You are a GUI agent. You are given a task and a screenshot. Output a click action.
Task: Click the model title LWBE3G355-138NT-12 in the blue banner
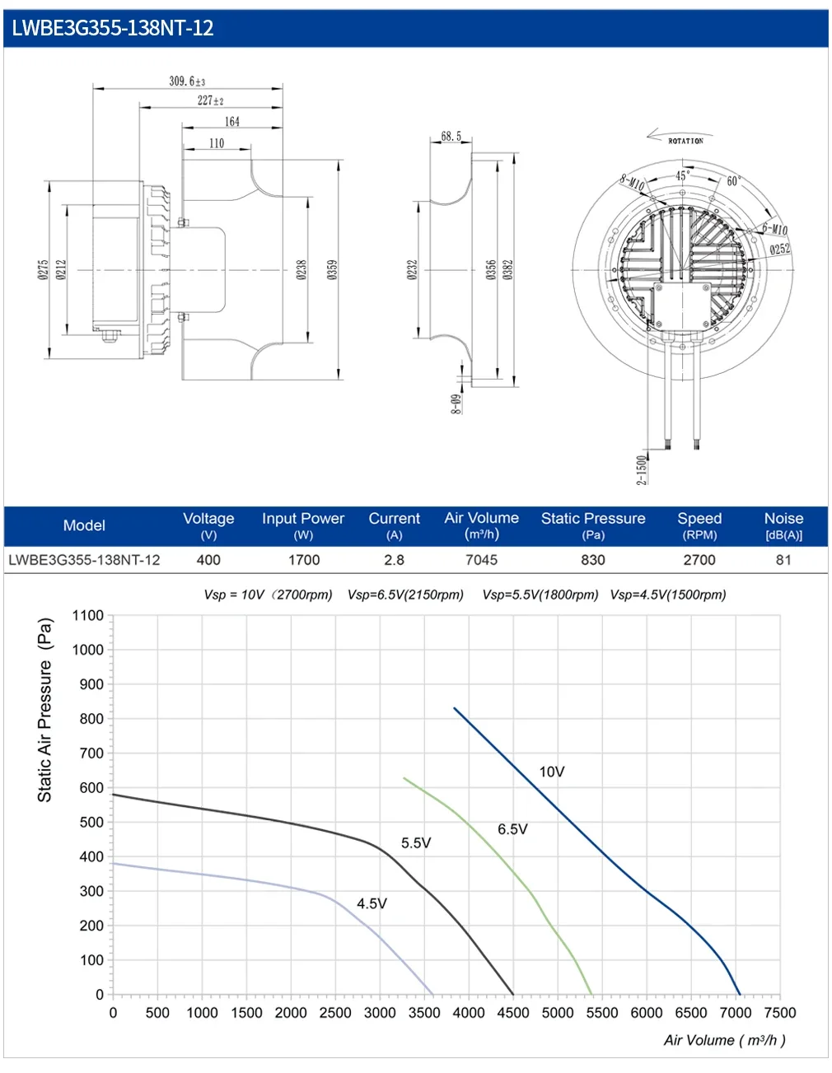pyautogui.click(x=113, y=29)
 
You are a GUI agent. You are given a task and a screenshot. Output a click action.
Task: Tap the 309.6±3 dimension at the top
pyautogui.click(x=187, y=81)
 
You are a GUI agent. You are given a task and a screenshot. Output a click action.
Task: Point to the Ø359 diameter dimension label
pyautogui.click(x=332, y=269)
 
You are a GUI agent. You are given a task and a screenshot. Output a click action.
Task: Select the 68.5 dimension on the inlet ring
pyautogui.click(x=451, y=136)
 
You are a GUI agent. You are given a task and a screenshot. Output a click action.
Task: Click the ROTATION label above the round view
pyautogui.click(x=685, y=141)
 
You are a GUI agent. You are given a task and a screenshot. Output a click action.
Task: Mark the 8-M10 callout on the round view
pyautogui.click(x=632, y=182)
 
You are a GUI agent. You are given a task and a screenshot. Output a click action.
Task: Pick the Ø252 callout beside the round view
pyautogui.click(x=779, y=249)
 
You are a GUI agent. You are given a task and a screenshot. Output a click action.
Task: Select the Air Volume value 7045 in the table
pyautogui.click(x=481, y=560)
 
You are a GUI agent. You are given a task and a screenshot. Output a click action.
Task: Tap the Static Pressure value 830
pyautogui.click(x=593, y=560)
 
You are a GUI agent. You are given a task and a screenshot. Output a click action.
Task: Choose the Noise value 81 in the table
pyautogui.click(x=783, y=560)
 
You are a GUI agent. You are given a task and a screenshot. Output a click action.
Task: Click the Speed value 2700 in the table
pyautogui.click(x=699, y=560)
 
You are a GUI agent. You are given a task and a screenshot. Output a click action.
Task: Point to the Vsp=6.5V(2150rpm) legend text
pyautogui.click(x=405, y=595)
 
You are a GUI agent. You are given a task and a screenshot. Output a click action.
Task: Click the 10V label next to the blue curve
pyautogui.click(x=552, y=772)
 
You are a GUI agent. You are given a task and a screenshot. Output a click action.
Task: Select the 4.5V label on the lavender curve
pyautogui.click(x=372, y=903)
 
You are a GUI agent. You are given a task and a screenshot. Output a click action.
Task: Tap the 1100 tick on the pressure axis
pyautogui.click(x=88, y=615)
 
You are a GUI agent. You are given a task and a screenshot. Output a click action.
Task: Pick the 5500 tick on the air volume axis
pyautogui.click(x=602, y=1013)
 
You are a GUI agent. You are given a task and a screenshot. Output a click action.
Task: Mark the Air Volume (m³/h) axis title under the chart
pyautogui.click(x=724, y=1040)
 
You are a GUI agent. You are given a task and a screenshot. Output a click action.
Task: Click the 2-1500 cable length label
pyautogui.click(x=642, y=469)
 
